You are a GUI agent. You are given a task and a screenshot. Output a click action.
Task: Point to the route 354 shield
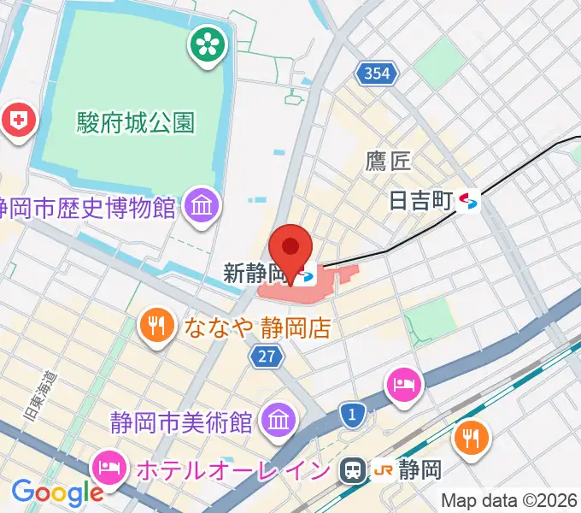[375, 74]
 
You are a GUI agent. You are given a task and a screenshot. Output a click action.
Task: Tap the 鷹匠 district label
[389, 161]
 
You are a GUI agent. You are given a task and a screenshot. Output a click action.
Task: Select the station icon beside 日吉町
[468, 201]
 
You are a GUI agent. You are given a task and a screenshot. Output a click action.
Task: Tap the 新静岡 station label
[255, 274]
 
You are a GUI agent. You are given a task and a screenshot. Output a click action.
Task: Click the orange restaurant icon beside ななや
[156, 325]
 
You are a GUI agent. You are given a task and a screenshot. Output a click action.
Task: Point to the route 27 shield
[267, 357]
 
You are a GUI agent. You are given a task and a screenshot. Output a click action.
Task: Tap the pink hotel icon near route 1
[402, 383]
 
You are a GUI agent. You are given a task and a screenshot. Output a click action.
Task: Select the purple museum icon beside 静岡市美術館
[279, 420]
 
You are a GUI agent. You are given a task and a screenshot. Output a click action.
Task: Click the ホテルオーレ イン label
[231, 469]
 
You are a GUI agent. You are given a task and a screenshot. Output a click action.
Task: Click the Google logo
[57, 492]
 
